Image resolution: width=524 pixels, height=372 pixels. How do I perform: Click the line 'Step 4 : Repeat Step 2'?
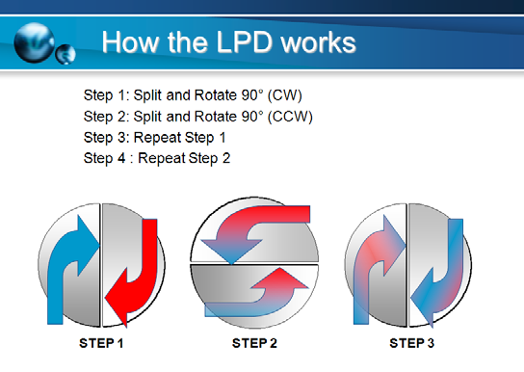click(x=157, y=157)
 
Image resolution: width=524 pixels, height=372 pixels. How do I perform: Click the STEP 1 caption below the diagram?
click(x=100, y=342)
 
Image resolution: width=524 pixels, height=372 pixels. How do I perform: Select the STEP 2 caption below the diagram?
click(x=254, y=342)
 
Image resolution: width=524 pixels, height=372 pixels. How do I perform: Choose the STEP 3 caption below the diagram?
click(x=411, y=342)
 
